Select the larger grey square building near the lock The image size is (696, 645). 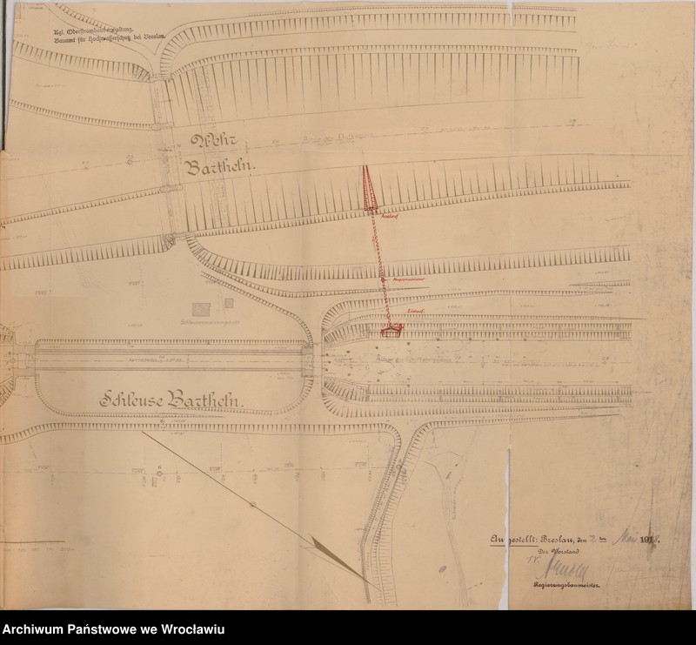(x=200, y=310)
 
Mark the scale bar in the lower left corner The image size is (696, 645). (x=35, y=548)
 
